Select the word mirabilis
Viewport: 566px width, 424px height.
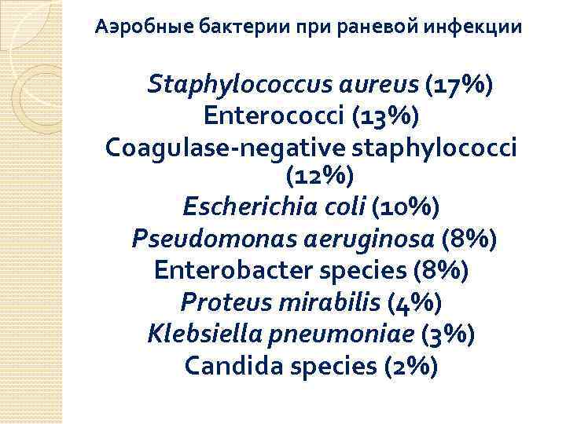pyautogui.click(x=338, y=302)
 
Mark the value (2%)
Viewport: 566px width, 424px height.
pyautogui.click(x=410, y=366)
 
